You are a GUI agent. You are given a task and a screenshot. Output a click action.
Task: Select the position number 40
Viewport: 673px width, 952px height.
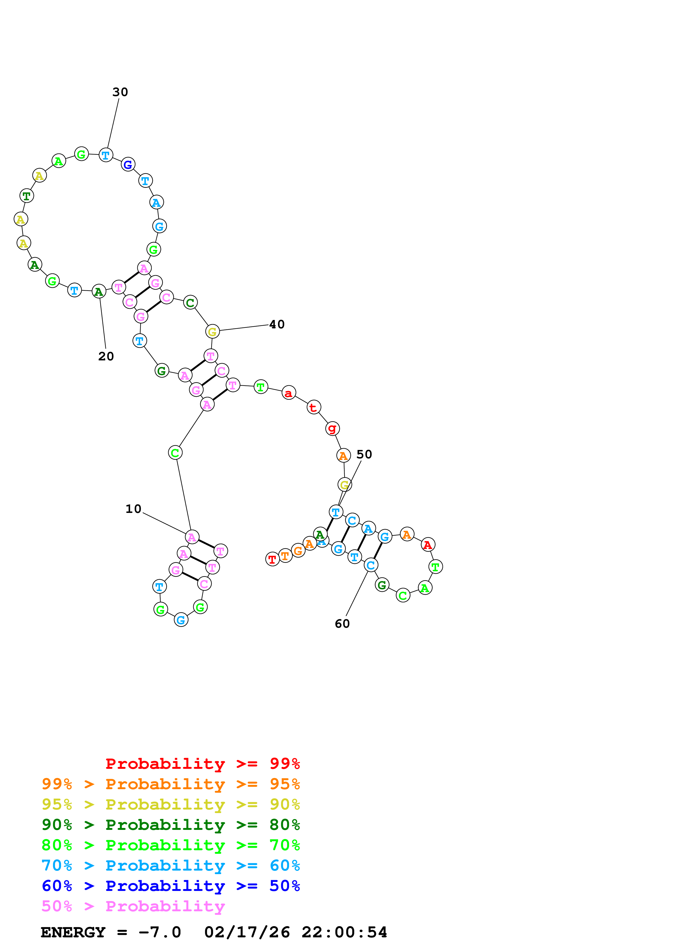[x=277, y=324]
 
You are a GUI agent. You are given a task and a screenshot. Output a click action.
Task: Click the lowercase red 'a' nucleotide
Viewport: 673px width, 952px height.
[x=289, y=393]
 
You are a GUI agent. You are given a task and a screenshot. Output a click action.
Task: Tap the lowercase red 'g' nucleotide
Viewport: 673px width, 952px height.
[x=332, y=428]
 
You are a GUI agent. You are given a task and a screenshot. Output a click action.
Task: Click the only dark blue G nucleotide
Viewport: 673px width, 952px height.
[x=128, y=165]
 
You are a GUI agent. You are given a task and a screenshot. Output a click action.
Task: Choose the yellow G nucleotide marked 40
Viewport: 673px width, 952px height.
[x=212, y=331]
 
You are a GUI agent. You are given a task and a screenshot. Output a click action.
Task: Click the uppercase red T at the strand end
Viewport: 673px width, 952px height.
[x=272, y=559]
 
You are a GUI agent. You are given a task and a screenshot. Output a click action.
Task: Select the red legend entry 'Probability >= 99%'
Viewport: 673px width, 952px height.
[x=202, y=764]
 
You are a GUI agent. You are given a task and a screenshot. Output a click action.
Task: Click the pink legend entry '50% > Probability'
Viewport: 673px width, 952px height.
[x=133, y=906]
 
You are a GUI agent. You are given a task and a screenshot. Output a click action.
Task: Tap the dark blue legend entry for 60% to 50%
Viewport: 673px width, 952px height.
[x=170, y=886]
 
